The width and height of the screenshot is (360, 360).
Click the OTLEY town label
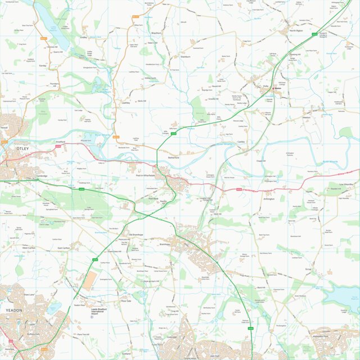click(22, 148)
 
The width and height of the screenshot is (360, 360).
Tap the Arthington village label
click(269, 199)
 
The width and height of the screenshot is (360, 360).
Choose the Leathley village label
click(125, 103)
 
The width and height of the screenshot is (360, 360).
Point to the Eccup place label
click(308, 269)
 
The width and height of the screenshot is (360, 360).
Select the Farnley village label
click(42, 66)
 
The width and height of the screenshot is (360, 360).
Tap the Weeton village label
click(306, 118)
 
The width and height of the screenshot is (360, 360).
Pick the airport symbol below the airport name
click(92, 317)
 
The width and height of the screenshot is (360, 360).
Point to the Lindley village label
click(84, 38)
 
